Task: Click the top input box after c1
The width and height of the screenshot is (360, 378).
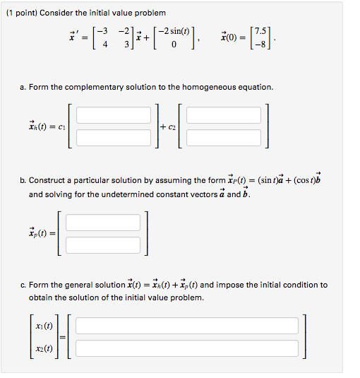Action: point(114,114)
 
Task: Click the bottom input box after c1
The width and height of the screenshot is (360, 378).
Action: point(114,136)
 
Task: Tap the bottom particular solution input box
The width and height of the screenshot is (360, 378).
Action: point(103,245)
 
